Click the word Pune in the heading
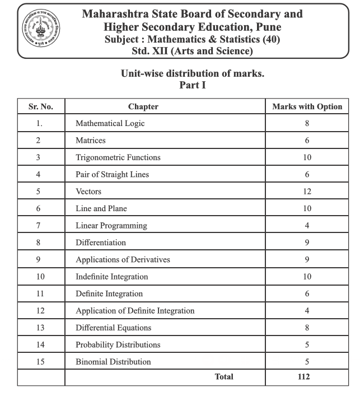(x=268, y=27)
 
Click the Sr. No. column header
(x=40, y=106)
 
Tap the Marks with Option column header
(x=307, y=106)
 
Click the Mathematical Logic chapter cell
(x=110, y=123)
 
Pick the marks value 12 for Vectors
(x=307, y=192)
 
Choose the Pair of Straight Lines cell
(x=112, y=174)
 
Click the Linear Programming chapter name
(x=111, y=225)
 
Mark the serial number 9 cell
(x=39, y=259)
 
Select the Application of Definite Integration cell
(x=135, y=310)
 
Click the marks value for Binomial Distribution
(x=307, y=362)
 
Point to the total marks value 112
(x=303, y=377)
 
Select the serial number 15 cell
(x=39, y=362)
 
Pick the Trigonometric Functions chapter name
(x=118, y=157)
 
